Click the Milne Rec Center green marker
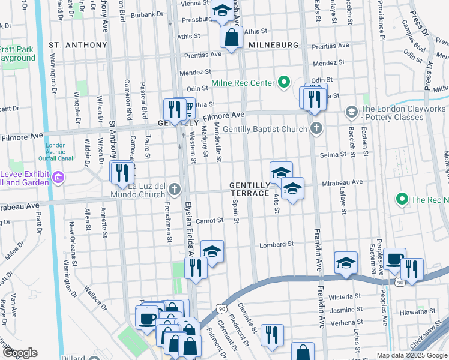pyautogui.click(x=284, y=83)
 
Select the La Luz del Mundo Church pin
pyautogui.click(x=175, y=190)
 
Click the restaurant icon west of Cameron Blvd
pyautogui.click(x=122, y=173)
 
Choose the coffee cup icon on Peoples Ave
pyautogui.click(x=394, y=259)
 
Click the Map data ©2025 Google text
pyautogui.click(x=411, y=355)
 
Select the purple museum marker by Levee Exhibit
pyautogui.click(x=58, y=177)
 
